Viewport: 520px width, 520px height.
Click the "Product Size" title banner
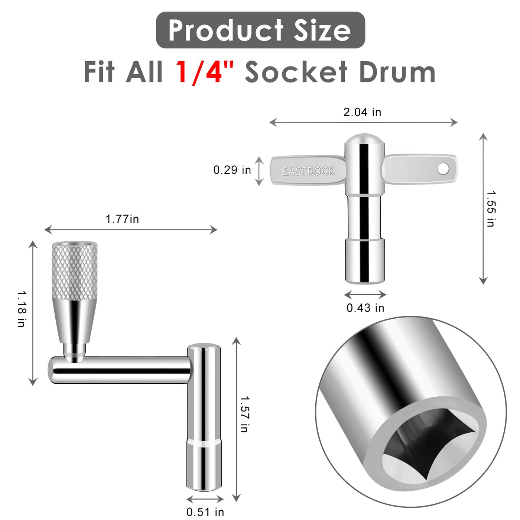(x=260, y=30)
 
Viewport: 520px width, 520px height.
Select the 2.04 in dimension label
(x=362, y=112)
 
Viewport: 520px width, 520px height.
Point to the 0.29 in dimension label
(x=232, y=170)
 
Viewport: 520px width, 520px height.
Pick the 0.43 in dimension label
(x=365, y=308)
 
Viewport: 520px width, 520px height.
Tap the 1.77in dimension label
(x=122, y=219)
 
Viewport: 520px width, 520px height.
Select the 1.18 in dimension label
(x=22, y=309)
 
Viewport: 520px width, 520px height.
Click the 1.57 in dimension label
(x=245, y=414)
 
